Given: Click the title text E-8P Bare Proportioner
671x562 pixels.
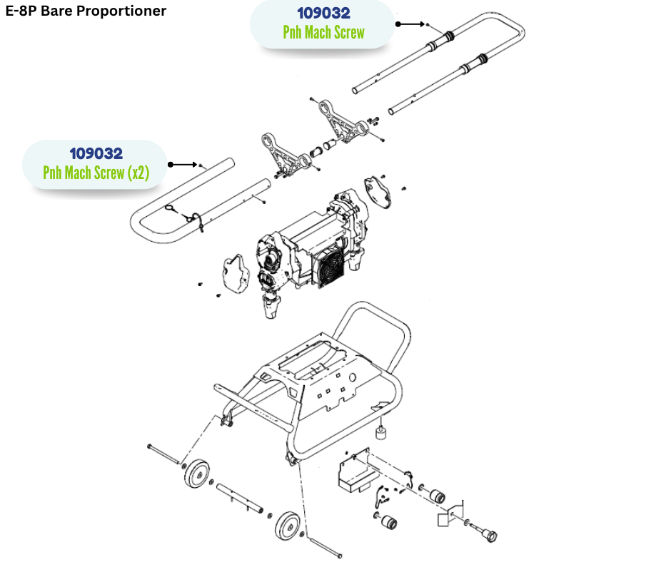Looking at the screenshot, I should coord(85,11).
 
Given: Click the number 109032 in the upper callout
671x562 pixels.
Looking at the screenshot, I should coord(323,14).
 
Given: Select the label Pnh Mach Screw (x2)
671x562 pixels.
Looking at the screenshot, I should coord(96,173).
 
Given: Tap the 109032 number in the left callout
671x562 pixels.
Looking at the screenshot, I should coord(96,153).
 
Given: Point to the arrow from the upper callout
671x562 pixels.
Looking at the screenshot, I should coord(410,24).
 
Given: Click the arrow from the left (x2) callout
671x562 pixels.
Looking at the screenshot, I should coord(183,165).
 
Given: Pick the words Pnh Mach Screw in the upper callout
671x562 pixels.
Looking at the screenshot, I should coord(323,32).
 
